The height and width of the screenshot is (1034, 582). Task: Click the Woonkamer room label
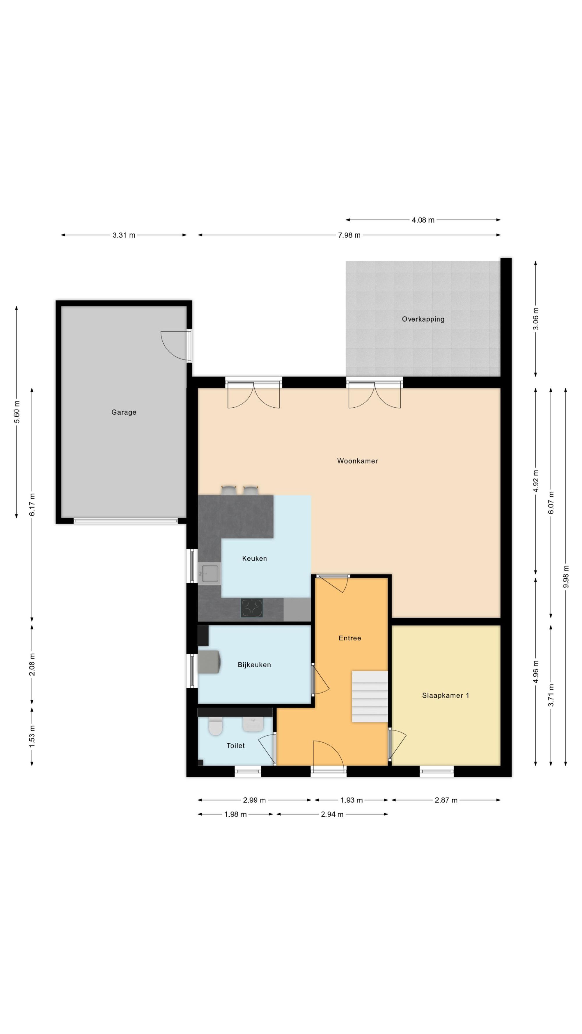click(357, 461)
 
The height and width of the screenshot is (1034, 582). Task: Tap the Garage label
click(124, 412)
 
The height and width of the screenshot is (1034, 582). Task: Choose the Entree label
click(350, 638)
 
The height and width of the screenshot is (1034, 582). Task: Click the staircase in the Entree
click(370, 696)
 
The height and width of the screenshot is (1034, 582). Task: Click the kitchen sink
click(210, 573)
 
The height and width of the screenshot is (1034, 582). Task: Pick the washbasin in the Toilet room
click(253, 724)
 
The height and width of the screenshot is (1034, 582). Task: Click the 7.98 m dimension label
click(349, 235)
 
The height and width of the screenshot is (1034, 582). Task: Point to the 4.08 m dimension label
click(423, 220)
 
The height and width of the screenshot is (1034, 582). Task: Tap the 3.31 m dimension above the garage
click(124, 235)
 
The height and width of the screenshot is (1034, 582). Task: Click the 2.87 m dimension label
click(446, 800)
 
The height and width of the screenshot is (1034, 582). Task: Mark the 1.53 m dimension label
click(32, 736)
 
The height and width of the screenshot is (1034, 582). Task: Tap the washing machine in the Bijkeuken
click(209, 662)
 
